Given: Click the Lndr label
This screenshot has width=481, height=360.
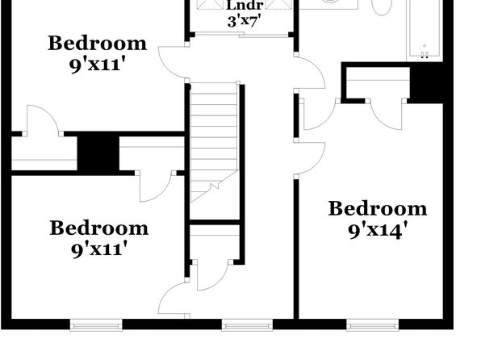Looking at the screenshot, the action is tap(245, 5).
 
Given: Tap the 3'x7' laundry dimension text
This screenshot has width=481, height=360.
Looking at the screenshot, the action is tap(245, 21).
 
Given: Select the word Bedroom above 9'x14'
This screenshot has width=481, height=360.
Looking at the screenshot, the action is tap(378, 209).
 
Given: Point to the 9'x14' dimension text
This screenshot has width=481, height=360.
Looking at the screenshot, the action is tap(378, 230).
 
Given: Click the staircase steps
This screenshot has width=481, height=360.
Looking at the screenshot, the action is tap(214, 142).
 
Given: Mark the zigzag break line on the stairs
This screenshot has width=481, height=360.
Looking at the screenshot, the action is tap(215, 186).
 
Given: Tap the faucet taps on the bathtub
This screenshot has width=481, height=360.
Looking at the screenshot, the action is tap(425, 55).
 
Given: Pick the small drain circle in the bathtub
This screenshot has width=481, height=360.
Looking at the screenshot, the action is tap(425, 46).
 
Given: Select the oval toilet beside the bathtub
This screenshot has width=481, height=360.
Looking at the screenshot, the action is tap(382, 6).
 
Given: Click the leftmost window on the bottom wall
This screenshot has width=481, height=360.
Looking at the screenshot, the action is tap(96, 325).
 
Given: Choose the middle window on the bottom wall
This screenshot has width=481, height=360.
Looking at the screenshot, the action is tap(247, 325).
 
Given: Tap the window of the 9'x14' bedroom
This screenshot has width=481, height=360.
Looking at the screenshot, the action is tap(373, 325).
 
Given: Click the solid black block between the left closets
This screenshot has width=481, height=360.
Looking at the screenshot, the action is tap(98, 153).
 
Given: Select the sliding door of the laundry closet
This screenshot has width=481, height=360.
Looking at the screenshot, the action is tap(241, 35).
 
